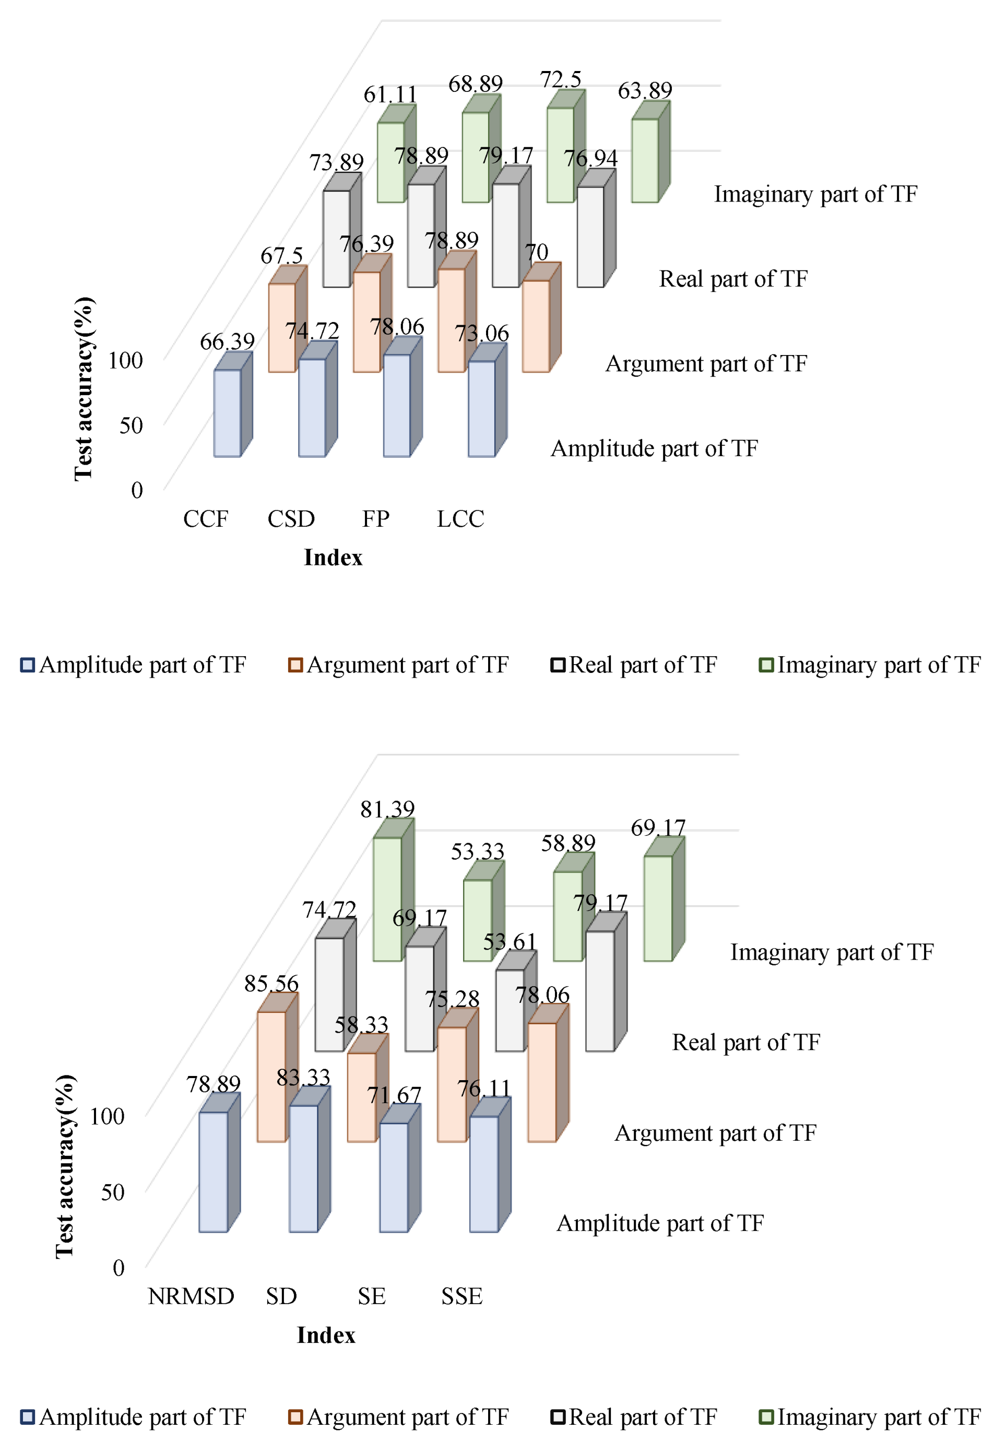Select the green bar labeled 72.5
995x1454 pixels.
(x=560, y=155)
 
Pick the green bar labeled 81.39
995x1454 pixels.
(x=387, y=899)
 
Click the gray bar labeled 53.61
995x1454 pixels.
(x=509, y=1010)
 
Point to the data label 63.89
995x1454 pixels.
(x=645, y=91)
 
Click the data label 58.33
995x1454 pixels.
(x=361, y=1025)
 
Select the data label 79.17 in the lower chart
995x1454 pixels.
(x=600, y=903)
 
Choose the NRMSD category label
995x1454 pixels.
(x=191, y=1296)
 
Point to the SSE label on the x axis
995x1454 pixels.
(x=461, y=1296)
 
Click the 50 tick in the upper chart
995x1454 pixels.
(x=132, y=425)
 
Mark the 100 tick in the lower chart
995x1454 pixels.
(x=107, y=1116)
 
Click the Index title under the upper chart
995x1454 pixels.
(x=333, y=558)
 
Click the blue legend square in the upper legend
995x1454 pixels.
(x=27, y=665)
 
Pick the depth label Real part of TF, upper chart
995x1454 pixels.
(x=733, y=279)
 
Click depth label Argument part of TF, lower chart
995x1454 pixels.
(x=715, y=1133)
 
